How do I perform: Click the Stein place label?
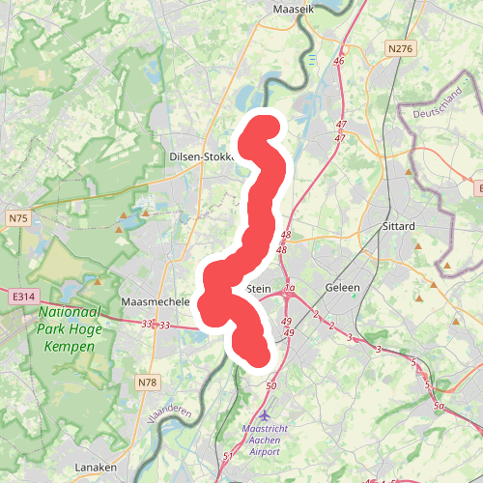pyautogui.click(x=259, y=288)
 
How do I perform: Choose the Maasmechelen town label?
pyautogui.click(x=155, y=302)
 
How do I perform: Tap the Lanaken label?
pyautogui.click(x=96, y=468)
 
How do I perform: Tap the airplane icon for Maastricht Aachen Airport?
pyautogui.click(x=253, y=415)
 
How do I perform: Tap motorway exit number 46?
pyautogui.click(x=339, y=61)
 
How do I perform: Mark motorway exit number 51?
pyautogui.click(x=228, y=456)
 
